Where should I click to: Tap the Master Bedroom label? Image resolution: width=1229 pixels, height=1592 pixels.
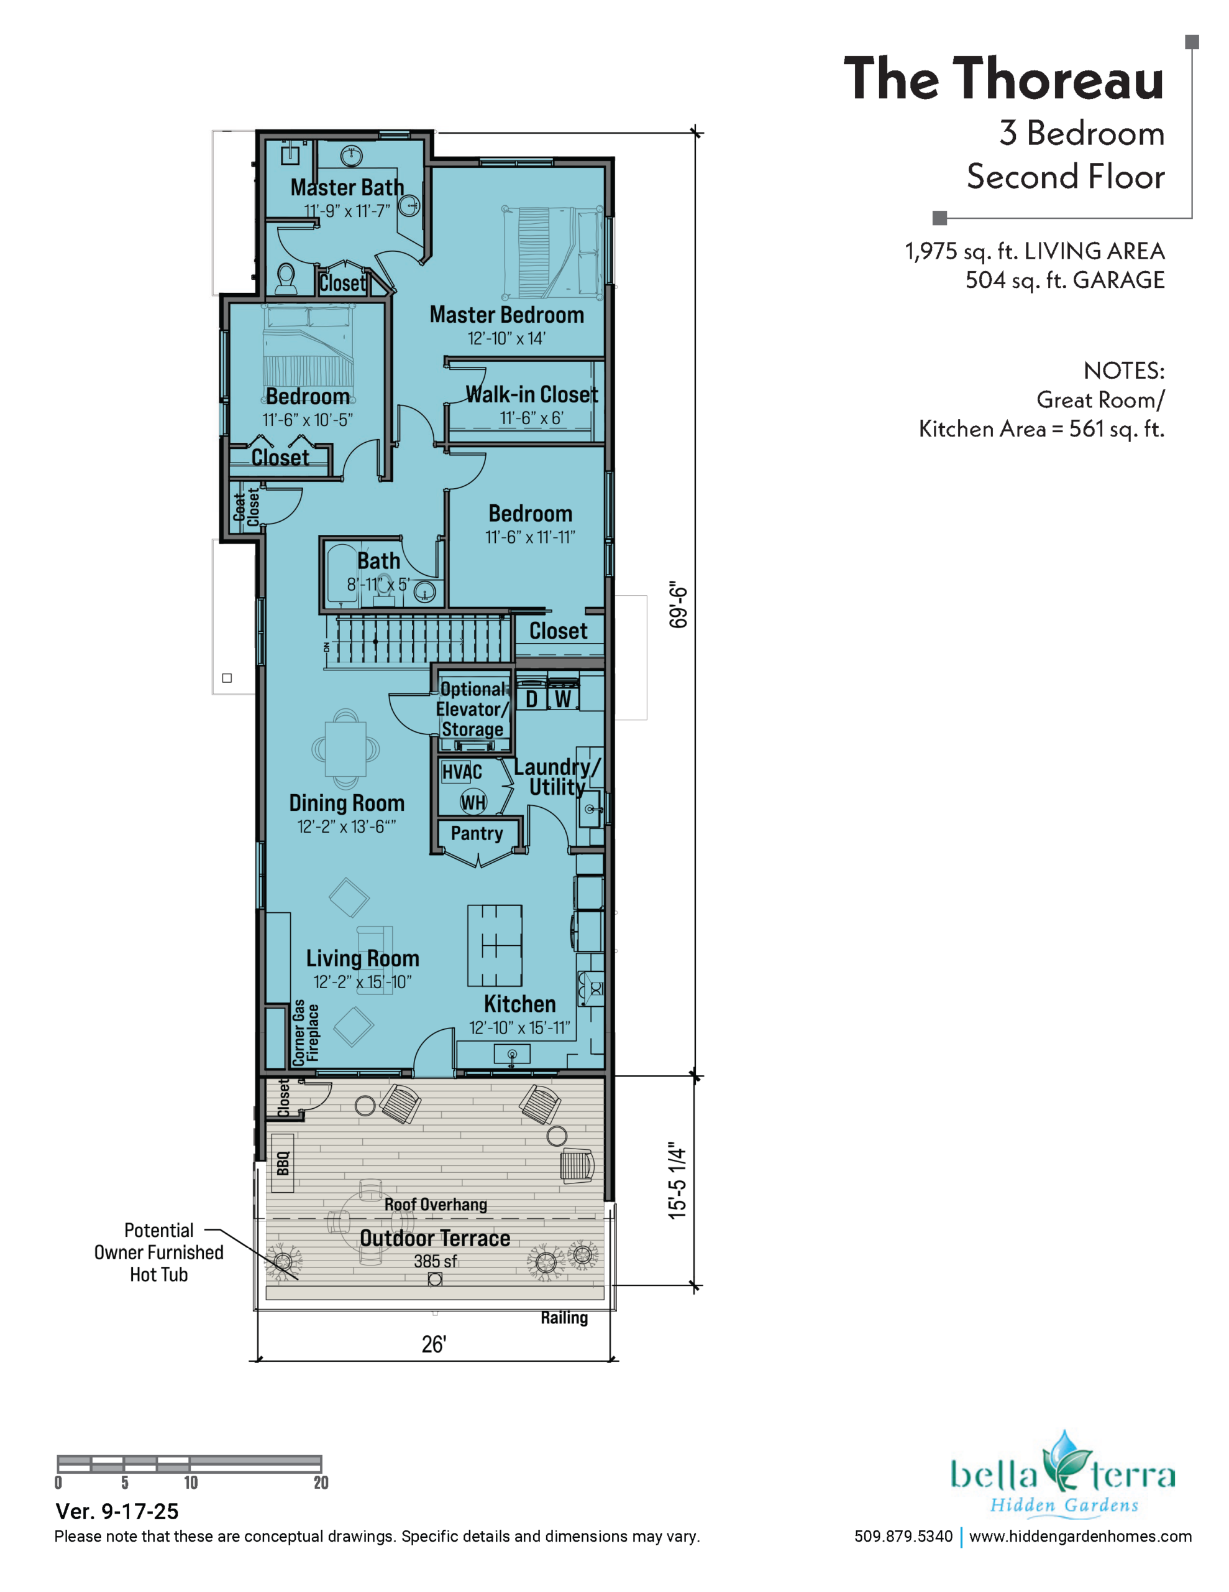coord(506,315)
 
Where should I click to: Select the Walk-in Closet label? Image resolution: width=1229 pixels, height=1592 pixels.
coord(532,394)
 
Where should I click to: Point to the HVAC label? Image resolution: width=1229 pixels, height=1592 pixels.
coord(462,772)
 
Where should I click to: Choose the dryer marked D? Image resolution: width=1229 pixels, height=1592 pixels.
coord(532,698)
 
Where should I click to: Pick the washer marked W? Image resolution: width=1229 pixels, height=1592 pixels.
coord(563,698)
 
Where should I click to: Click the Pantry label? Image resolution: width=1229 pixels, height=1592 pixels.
coord(477,833)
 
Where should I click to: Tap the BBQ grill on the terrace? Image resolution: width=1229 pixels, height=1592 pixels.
coord(283,1163)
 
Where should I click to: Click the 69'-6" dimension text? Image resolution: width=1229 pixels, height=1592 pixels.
coord(678,604)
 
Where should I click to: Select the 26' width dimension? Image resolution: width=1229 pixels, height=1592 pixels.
coord(434,1344)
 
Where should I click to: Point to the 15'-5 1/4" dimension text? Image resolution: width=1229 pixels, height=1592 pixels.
coord(677,1180)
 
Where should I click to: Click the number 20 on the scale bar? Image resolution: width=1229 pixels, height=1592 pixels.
coord(321,1482)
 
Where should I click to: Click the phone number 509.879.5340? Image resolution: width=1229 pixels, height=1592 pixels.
coord(903,1536)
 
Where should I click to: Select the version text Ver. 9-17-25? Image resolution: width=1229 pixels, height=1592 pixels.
coord(117,1511)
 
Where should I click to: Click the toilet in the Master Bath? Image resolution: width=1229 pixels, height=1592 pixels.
coord(286,278)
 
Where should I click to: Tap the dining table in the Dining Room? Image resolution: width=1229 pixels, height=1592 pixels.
coord(346,748)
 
